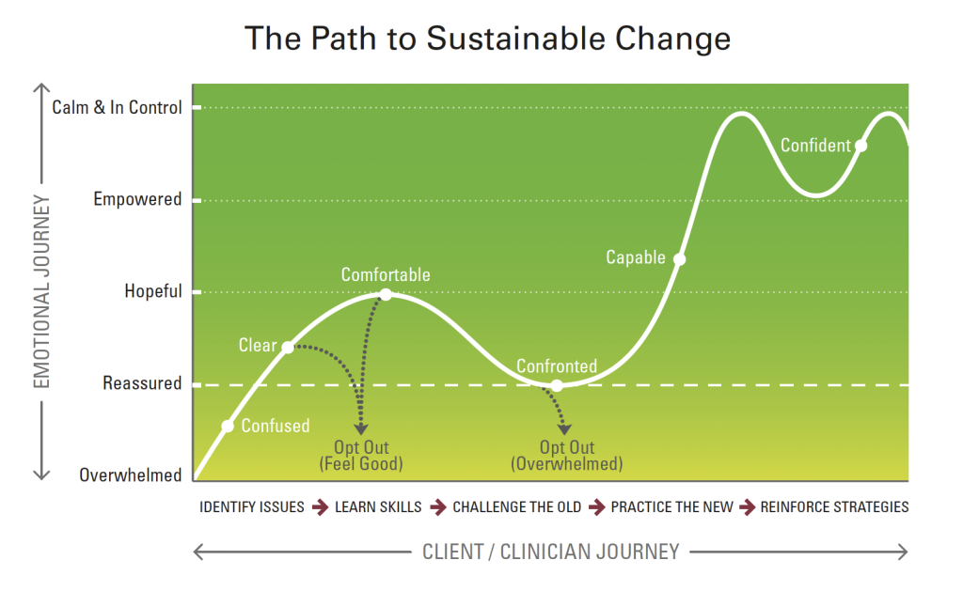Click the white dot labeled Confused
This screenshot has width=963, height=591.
point(228,426)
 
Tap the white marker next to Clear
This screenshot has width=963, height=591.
point(288,348)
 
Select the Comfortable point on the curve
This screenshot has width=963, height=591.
point(386,295)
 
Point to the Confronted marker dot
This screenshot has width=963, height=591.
point(557,385)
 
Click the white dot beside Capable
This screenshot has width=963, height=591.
point(679,259)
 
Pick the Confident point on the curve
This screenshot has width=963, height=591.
point(861,146)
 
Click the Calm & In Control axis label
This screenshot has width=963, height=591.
point(117,107)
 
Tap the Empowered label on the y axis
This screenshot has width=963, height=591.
point(137,199)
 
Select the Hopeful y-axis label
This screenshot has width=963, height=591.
point(153,291)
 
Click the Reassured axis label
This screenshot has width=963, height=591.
point(142,383)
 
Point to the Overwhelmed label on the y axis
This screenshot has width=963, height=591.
point(130,475)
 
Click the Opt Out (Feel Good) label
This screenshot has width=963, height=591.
point(361,456)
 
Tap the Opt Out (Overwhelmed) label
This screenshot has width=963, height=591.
point(567,456)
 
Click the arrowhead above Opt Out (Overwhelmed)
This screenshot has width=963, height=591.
point(564,429)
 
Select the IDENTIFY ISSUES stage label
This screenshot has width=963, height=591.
point(252,507)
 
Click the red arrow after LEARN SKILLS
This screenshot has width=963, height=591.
point(438,507)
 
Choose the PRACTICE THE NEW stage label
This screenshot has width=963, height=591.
point(671,507)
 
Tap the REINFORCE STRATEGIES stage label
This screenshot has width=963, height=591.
point(835,507)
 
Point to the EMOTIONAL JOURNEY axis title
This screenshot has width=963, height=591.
point(41,291)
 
